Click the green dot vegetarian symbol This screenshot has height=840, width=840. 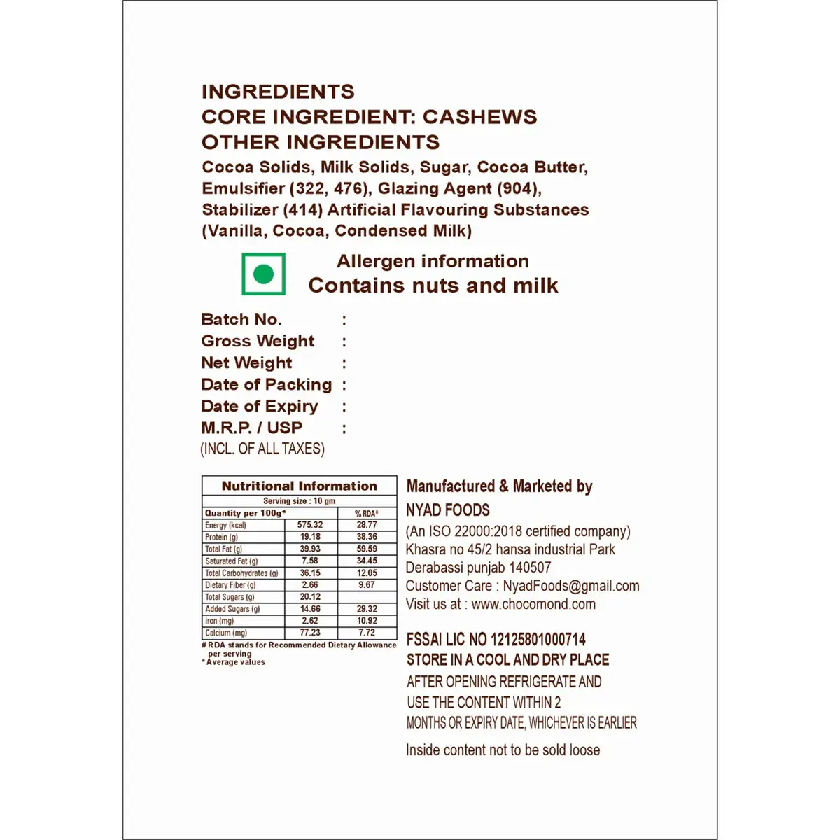point(264,274)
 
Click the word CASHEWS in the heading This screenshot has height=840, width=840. point(480,117)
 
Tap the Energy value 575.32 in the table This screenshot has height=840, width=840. point(310,525)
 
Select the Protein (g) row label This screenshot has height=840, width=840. point(221,537)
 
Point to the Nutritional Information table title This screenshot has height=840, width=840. point(299,486)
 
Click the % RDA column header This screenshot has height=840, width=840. point(366,513)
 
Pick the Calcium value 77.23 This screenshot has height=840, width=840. point(310,632)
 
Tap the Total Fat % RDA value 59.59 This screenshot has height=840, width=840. point(366,549)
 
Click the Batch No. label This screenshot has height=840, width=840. point(241,320)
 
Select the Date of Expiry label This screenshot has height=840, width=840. point(260,407)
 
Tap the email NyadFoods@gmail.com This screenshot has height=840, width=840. point(571,586)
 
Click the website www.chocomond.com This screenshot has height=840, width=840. point(533,604)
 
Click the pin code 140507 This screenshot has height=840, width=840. point(530,568)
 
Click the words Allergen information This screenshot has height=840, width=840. point(433,261)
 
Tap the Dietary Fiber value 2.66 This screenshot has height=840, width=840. point(310,584)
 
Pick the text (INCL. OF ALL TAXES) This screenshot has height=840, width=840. point(262,449)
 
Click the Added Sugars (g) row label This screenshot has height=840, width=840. point(232,609)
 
